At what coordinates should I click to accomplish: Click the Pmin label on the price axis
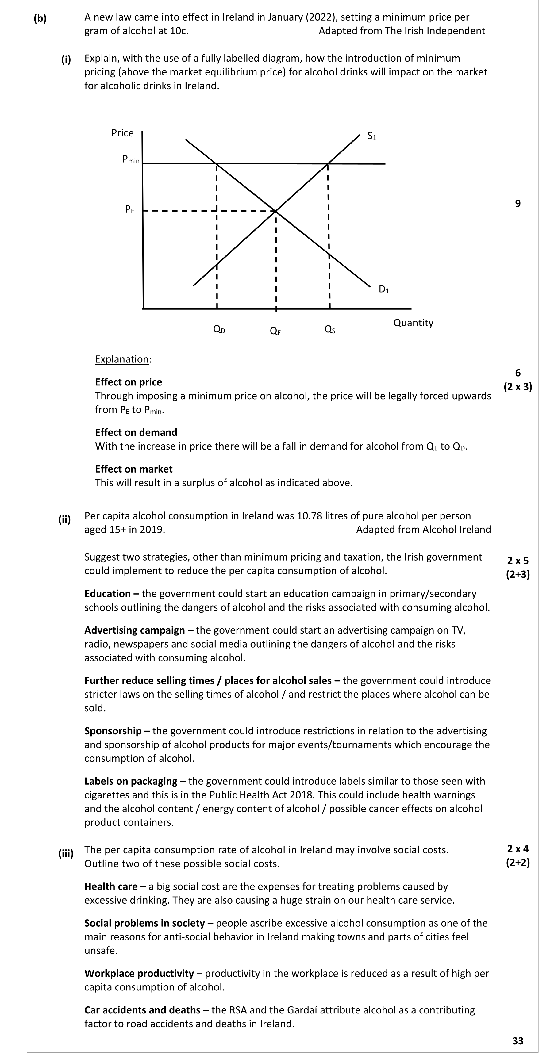click(131, 160)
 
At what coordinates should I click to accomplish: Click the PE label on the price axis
click(129, 210)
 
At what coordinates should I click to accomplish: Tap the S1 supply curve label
click(371, 136)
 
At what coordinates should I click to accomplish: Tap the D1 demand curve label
click(384, 289)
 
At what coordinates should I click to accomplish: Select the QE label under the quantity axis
click(275, 331)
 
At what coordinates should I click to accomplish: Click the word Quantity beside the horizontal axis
click(413, 323)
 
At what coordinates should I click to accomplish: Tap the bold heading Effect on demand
click(136, 432)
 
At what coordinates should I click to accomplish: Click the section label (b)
click(40, 18)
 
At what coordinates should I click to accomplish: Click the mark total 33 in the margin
click(518, 1040)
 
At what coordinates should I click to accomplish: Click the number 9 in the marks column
click(518, 204)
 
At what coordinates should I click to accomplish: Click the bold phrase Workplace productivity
click(139, 973)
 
